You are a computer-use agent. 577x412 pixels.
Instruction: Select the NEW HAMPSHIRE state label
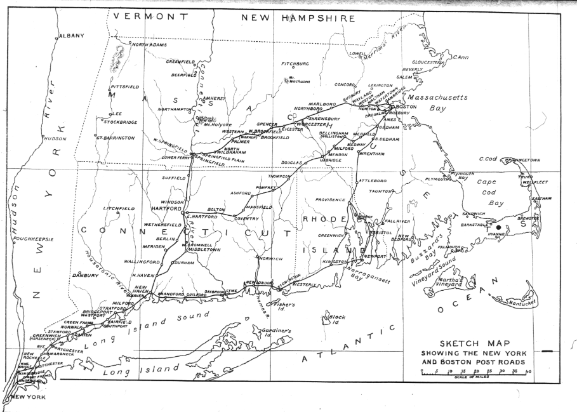[298, 18]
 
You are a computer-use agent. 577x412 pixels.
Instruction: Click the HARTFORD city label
[166, 208]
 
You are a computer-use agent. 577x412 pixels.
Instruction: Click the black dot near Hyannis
[498, 227]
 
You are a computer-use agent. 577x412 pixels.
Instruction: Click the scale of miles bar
[475, 372]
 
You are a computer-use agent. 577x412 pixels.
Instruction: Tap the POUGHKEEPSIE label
[34, 239]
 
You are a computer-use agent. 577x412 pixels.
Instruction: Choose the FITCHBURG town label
[295, 64]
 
